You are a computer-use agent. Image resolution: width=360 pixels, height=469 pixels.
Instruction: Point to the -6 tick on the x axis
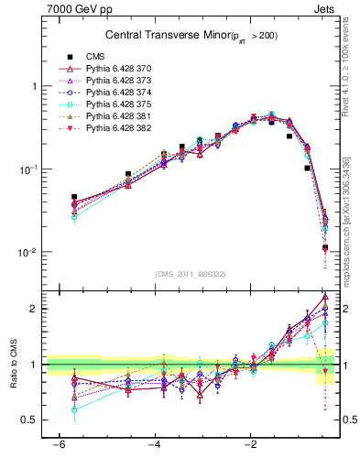[x=57, y=445]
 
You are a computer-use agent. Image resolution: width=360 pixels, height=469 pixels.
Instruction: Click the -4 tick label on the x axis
[x=154, y=445]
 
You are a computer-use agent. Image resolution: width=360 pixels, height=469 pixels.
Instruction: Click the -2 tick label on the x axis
[x=251, y=445]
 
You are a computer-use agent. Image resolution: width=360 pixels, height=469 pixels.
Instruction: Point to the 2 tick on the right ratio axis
[x=344, y=309]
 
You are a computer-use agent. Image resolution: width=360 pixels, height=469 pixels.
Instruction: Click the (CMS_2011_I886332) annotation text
[x=191, y=274]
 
